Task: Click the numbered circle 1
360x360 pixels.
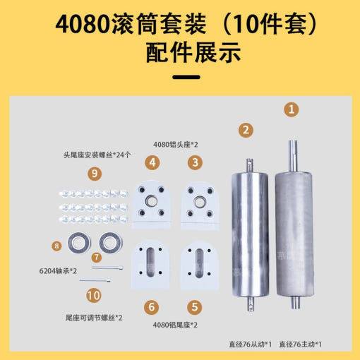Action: pyautogui.click(x=292, y=109)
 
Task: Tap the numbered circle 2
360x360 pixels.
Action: pyautogui.click(x=246, y=130)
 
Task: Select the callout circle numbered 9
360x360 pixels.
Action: pyautogui.click(x=95, y=174)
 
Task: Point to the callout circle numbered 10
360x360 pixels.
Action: pyautogui.click(x=94, y=296)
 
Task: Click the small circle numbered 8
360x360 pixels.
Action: pyautogui.click(x=56, y=246)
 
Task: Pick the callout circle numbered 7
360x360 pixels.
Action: pyautogui.click(x=97, y=257)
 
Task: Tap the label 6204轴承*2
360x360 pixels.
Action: pyautogui.click(x=58, y=271)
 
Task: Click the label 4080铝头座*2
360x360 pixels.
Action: pyautogui.click(x=176, y=145)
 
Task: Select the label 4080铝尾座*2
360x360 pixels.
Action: pyautogui.click(x=175, y=325)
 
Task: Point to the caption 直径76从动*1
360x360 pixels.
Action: pyautogui.click(x=250, y=344)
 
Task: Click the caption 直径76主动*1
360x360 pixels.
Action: pyautogui.click(x=300, y=344)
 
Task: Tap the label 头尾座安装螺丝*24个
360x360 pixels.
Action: pyautogui.click(x=97, y=155)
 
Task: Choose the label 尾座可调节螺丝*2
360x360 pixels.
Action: pyautogui.click(x=94, y=318)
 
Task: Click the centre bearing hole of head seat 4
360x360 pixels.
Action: pyautogui.click(x=151, y=200)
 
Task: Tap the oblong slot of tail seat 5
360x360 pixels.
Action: pyautogui.click(x=199, y=263)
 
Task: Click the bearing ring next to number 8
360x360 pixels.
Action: pyautogui.click(x=79, y=243)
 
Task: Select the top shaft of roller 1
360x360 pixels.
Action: pyautogui.click(x=293, y=156)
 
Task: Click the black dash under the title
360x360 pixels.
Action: pyautogui.click(x=186, y=77)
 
